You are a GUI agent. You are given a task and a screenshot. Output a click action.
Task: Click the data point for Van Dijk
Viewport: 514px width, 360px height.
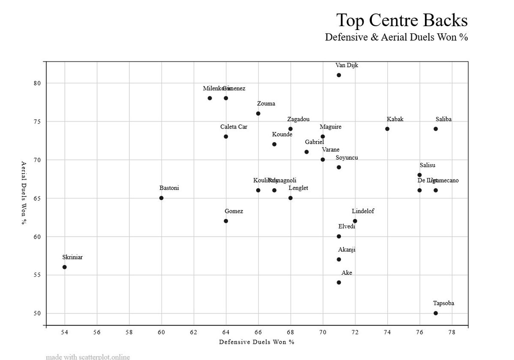[x=339, y=75]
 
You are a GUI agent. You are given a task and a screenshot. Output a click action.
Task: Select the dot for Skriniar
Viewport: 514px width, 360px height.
[x=65, y=267]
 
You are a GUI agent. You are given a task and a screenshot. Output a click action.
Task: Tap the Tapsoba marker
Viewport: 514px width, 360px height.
[x=436, y=313]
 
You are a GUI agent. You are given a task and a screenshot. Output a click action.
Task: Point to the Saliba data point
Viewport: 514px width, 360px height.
[x=436, y=129]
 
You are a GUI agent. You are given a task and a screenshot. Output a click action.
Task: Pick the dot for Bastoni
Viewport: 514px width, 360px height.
[x=161, y=198]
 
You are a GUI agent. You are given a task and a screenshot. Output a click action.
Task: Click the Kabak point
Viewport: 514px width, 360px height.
[x=387, y=129]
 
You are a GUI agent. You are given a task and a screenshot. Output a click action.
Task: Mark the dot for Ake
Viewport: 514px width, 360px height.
[x=339, y=282]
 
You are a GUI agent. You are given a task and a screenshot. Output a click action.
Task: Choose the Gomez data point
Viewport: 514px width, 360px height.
[x=226, y=221]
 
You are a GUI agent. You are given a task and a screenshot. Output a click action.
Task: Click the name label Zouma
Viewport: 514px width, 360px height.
[x=266, y=104]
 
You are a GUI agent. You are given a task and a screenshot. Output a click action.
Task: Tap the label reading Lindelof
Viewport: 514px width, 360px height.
[x=363, y=211]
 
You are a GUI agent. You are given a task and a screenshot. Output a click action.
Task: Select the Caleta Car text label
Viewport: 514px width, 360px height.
[x=233, y=127]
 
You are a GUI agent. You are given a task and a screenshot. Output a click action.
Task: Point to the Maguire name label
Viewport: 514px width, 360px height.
[x=331, y=127]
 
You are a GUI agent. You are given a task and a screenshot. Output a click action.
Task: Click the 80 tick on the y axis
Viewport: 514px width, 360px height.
[x=37, y=83]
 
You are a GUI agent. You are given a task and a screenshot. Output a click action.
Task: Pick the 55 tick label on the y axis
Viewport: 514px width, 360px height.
[x=37, y=275]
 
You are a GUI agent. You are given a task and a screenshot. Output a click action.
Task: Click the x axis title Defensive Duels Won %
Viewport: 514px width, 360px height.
[x=257, y=342]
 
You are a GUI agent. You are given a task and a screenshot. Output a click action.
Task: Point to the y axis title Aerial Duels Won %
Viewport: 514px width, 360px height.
[x=24, y=193]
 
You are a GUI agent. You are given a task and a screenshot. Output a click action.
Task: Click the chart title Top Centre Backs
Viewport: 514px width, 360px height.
[x=402, y=20]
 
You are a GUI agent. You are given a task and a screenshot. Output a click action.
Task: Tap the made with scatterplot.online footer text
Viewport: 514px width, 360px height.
[x=88, y=357]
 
